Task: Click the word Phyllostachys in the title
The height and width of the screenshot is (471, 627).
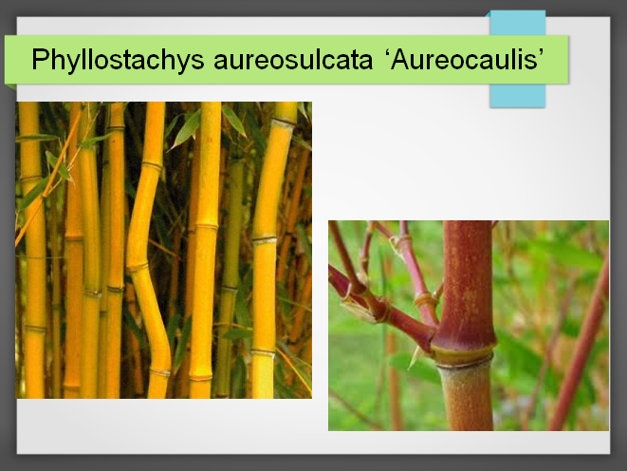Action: (x=118, y=60)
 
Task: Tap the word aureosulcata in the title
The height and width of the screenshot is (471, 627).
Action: (x=293, y=60)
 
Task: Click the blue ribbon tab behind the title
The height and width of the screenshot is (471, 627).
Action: (x=518, y=95)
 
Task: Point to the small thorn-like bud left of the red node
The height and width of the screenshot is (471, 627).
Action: (x=415, y=357)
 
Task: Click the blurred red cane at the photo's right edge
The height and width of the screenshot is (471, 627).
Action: (x=580, y=344)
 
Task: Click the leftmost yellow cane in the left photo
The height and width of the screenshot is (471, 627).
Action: (x=33, y=248)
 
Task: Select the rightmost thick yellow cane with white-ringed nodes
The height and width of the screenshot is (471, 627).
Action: (x=268, y=248)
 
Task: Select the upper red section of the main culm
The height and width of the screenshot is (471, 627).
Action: (x=467, y=280)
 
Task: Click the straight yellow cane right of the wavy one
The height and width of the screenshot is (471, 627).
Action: (x=205, y=248)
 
